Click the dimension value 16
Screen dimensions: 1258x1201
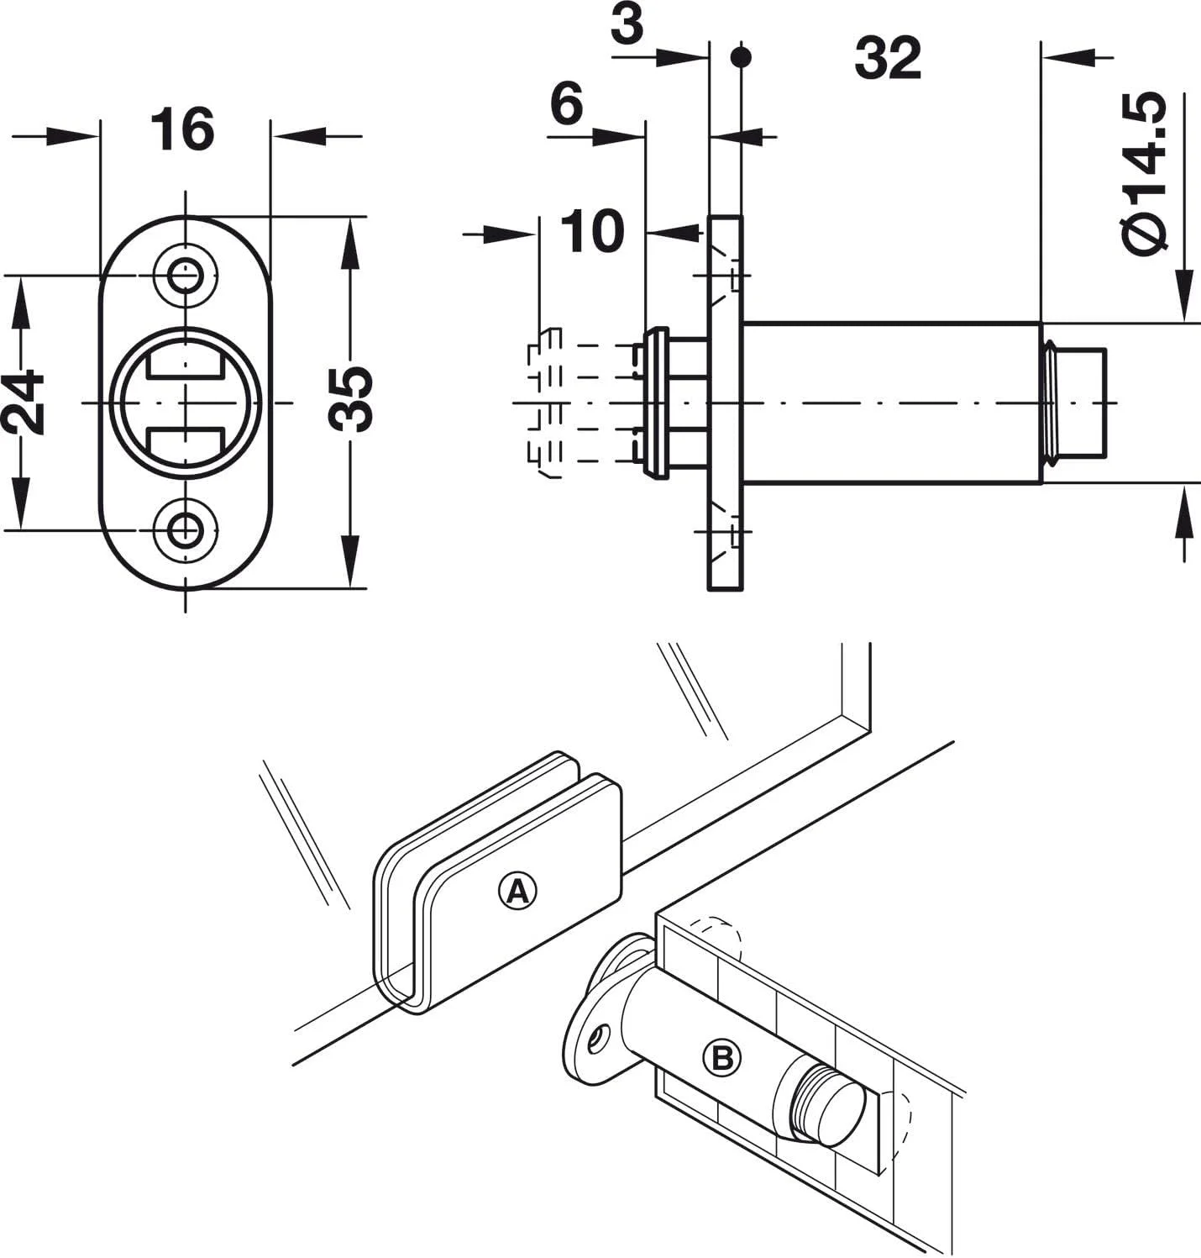[x=182, y=130]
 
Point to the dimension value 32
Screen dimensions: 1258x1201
[x=888, y=59]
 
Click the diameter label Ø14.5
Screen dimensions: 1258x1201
[x=1145, y=174]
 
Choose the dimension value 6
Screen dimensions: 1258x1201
[x=567, y=105]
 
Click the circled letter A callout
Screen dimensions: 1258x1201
[x=517, y=891]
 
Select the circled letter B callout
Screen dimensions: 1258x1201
[x=723, y=1057]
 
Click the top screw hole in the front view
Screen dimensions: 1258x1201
[x=185, y=275]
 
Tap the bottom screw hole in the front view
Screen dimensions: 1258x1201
[x=185, y=529]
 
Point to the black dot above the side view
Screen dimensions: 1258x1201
[x=740, y=57]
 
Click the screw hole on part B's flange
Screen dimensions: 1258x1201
[x=598, y=1039]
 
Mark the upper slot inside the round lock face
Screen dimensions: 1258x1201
[x=185, y=363]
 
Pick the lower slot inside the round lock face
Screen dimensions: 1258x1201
[x=185, y=443]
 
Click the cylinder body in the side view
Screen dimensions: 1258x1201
[x=890, y=403]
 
